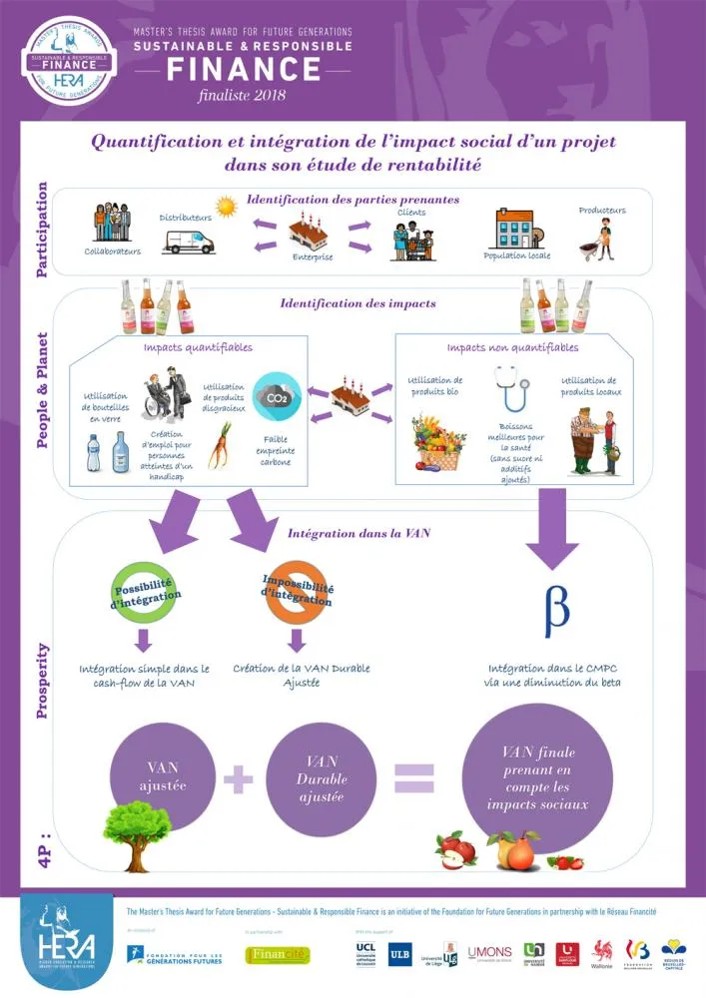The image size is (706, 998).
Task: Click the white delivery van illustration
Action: [189, 241]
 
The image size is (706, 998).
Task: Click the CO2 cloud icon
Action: [275, 395]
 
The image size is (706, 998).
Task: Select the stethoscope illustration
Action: [512, 389]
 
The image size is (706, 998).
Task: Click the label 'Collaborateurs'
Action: [112, 251]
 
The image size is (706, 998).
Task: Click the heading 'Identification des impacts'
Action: [357, 302]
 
